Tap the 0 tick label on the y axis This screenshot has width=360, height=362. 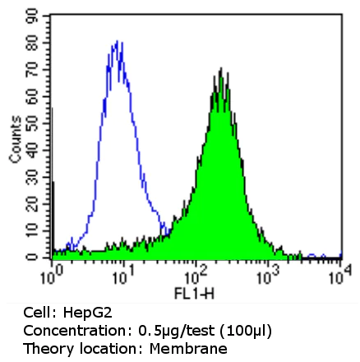(x=32, y=257)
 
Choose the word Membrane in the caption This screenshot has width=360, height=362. (x=188, y=348)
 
